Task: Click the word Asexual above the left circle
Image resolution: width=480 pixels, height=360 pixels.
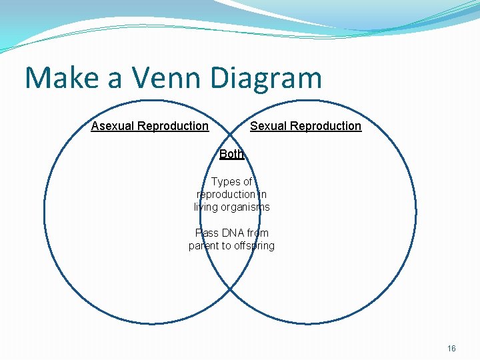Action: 111,126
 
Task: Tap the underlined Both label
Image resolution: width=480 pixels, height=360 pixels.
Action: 231,154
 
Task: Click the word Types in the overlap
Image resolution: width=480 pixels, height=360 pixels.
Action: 226,181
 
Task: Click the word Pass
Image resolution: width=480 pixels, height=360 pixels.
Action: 206,233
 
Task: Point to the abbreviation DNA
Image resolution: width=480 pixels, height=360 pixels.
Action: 236,233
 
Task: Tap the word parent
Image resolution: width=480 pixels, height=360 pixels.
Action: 204,245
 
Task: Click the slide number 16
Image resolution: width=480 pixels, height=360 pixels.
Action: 451,348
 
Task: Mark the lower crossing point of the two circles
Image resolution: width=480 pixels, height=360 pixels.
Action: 230,288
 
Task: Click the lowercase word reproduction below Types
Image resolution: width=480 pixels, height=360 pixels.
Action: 225,194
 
